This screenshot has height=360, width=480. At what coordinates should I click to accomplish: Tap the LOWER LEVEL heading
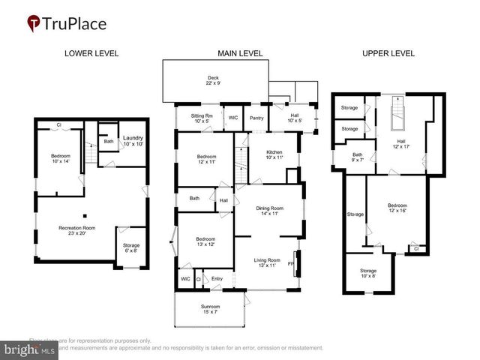click(91, 53)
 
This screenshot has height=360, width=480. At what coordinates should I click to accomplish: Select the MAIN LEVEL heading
click(239, 53)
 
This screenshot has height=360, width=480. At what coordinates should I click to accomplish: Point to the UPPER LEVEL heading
click(388, 53)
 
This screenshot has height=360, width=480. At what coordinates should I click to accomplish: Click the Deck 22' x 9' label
click(214, 80)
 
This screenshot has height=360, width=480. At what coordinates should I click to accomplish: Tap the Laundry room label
click(133, 140)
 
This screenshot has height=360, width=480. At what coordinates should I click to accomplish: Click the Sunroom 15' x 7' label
click(209, 309)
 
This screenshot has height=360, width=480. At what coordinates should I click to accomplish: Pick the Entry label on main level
click(217, 279)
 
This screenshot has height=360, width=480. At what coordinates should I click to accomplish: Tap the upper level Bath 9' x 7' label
click(358, 157)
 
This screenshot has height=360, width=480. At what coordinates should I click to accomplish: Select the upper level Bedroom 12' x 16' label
click(397, 208)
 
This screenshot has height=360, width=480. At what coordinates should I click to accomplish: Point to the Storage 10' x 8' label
click(367, 273)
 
